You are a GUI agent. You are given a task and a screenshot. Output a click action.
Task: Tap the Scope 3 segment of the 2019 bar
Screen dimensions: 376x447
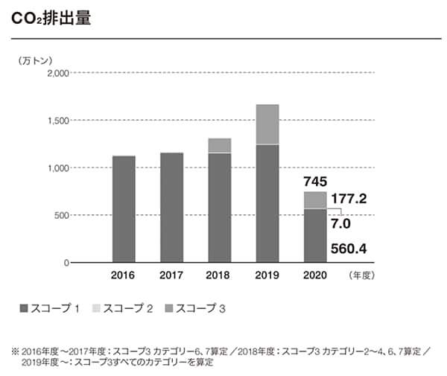tap(267, 124)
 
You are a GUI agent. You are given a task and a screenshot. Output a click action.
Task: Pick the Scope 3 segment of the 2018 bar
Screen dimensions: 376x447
tap(219, 145)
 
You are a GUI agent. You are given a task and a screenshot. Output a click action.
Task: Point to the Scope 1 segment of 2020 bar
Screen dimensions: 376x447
tap(315, 236)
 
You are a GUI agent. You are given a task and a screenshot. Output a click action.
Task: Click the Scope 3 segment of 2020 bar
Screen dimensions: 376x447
tap(315, 200)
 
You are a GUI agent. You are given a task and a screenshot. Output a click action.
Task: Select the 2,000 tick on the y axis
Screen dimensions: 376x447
tap(57, 73)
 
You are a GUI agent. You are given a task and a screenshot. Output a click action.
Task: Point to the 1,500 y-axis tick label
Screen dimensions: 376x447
tap(57, 121)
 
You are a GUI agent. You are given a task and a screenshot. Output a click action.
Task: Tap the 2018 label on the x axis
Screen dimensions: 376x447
tap(219, 275)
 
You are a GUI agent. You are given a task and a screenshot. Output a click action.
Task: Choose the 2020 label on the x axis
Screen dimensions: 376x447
tap(315, 275)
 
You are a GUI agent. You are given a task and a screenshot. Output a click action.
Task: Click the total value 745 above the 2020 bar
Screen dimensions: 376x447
tap(315, 182)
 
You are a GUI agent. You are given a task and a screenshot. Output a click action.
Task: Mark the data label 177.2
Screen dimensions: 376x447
tap(351, 200)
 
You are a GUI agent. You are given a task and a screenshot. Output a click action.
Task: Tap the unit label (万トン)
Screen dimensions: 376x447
tap(36, 59)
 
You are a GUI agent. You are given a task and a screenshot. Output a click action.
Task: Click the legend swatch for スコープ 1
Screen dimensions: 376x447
tap(22, 308)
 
